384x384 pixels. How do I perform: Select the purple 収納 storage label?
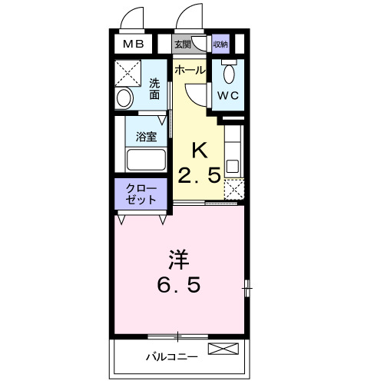pyautogui.click(x=220, y=45)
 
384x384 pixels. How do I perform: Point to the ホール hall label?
pyautogui.click(x=190, y=70)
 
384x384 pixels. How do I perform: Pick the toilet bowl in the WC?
pyautogui.click(x=228, y=74)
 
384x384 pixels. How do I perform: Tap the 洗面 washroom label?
pyautogui.click(x=154, y=89)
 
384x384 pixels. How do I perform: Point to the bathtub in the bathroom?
pyautogui.click(x=146, y=161)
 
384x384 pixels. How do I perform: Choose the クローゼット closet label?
pyautogui.click(x=141, y=194)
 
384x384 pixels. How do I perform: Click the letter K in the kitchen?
pyautogui.click(x=199, y=149)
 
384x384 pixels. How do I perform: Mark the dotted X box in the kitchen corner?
pyautogui.click(x=233, y=190)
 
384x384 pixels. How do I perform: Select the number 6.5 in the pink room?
pyautogui.click(x=180, y=286)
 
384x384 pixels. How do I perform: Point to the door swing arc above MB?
pyautogui.click(x=132, y=17)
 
